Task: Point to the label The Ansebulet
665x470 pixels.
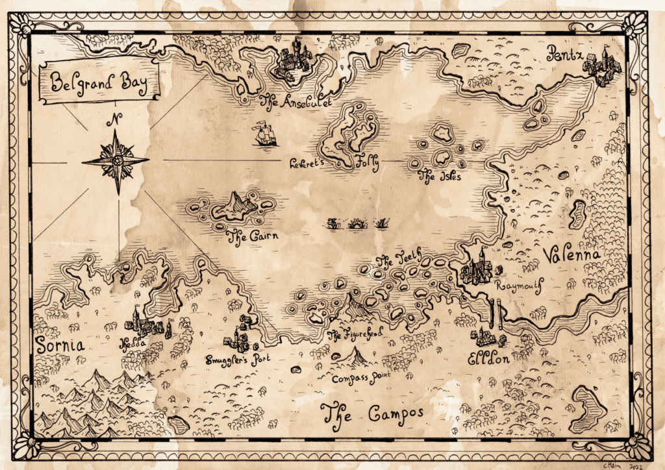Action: click(295, 101)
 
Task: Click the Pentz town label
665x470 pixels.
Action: click(564, 52)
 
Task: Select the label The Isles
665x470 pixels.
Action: click(440, 174)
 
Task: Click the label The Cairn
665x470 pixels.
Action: click(251, 236)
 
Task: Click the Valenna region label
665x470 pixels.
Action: click(571, 254)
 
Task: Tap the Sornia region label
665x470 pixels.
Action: click(60, 345)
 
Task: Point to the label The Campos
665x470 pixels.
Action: click(373, 413)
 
